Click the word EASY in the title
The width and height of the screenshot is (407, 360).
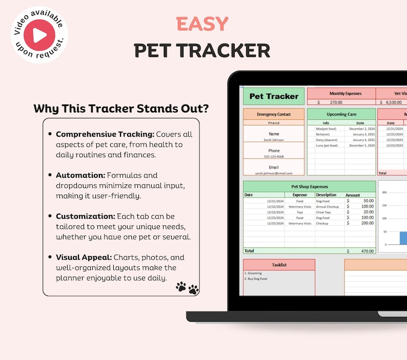point(202,24)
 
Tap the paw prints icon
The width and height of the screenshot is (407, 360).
point(187,287)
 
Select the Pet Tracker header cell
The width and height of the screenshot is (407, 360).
point(274,96)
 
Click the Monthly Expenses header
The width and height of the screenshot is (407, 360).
point(345,94)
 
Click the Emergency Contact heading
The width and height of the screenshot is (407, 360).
point(274,114)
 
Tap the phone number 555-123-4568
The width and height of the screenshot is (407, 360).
point(274,157)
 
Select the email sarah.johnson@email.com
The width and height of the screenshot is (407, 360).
point(274,173)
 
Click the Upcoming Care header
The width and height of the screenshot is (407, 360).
point(341,114)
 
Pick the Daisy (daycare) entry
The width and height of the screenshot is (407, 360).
point(327,140)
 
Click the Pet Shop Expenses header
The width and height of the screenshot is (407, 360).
point(309,187)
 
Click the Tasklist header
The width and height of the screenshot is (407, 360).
point(279,265)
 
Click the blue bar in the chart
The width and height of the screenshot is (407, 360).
point(403,238)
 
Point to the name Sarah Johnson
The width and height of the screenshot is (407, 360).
point(274,139)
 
